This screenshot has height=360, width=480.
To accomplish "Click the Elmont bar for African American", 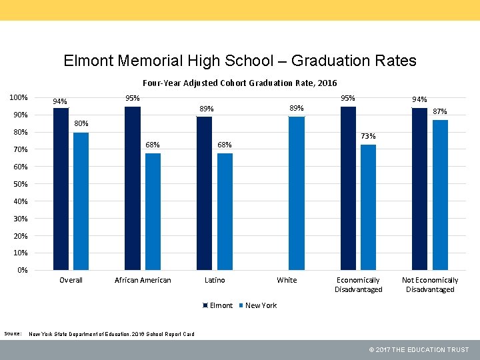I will tap(133, 188).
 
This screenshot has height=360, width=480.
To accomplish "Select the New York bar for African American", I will tap(153, 211).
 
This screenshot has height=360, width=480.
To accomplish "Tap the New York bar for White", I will tap(297, 193).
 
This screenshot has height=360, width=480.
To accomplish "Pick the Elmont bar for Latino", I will tap(204, 193).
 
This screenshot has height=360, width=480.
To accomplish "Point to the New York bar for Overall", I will tap(81, 201).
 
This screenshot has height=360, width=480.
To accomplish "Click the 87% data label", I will tap(440, 112).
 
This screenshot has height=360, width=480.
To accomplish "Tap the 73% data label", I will tap(368, 137).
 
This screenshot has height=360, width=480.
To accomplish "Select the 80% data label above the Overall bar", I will tap(81, 124).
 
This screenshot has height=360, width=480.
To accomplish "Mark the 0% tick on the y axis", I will tap(23, 271).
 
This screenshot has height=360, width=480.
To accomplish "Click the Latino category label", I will tap(215, 280).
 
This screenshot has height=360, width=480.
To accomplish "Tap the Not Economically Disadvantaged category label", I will tap(430, 285).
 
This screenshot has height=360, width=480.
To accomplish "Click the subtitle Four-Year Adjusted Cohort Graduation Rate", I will tap(240, 83).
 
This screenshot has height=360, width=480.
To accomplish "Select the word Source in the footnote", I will tap(13, 333).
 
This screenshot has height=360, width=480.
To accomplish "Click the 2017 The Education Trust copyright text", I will tap(419, 350).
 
